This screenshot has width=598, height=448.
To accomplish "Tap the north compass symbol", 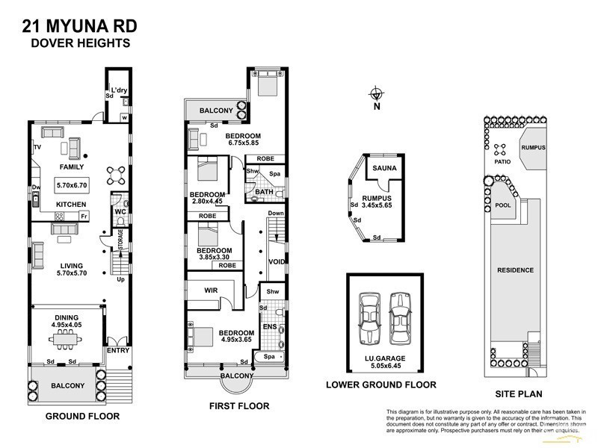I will coord(377,94).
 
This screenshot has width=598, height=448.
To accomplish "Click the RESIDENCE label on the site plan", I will coord(515,270).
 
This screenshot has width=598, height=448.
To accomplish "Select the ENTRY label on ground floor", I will coord(117,350).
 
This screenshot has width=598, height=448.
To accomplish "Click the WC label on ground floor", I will coord(120,212).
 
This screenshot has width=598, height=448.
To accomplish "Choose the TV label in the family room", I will coord(37,147).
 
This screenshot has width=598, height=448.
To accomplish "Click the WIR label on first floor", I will coord(210,290).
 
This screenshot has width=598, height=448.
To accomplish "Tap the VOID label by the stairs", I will coord(277,261).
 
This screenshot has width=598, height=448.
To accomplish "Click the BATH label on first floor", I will coord(264,192).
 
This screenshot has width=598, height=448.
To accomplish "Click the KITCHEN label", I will coord(72,205).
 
